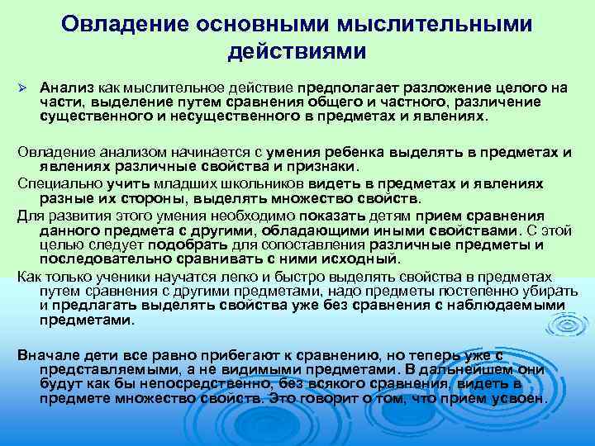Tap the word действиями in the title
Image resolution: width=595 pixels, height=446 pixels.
[297, 52]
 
